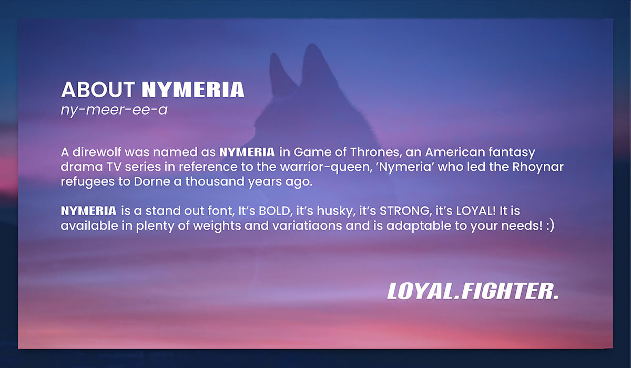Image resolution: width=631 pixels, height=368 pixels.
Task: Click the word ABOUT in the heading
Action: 98,90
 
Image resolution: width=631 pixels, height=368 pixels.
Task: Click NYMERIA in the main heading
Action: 193,90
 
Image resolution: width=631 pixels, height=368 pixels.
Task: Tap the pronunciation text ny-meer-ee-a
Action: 114,110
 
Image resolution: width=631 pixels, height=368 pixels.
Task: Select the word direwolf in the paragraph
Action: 97,152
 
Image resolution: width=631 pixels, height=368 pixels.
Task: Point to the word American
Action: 455,152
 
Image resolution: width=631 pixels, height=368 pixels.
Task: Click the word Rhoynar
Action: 538,167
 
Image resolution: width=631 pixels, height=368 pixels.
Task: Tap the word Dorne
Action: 152,181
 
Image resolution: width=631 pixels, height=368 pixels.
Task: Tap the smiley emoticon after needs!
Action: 550,226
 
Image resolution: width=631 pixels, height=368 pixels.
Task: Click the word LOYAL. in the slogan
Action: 424,291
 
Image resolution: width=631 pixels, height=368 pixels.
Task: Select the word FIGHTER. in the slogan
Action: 510,291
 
